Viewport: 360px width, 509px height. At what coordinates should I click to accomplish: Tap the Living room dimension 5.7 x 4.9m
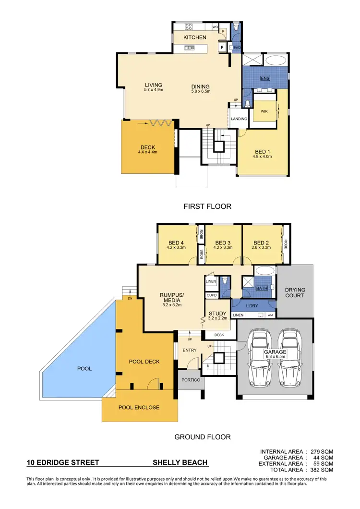pos(154,90)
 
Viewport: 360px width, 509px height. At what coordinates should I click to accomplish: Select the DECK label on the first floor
pos(147,147)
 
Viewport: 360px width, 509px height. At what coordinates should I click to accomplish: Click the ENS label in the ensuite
pos(264,78)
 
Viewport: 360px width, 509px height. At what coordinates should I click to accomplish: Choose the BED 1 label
pos(263,152)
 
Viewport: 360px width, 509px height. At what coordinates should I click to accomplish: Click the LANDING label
pos(239,119)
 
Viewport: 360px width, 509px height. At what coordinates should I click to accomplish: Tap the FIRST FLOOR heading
pos(207,206)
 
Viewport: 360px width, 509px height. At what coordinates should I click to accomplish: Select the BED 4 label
pos(176,242)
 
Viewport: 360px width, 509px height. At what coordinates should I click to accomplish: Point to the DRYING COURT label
pos(295,293)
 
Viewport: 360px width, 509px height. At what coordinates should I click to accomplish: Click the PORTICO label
pos(191,380)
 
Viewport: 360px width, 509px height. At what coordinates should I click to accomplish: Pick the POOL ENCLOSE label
pos(139,408)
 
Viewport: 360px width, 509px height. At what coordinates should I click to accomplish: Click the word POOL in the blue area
pos(84,369)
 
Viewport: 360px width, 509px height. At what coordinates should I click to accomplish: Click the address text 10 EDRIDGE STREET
pos(63,463)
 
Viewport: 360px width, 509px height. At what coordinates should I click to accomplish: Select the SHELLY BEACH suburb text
pos(180,463)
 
